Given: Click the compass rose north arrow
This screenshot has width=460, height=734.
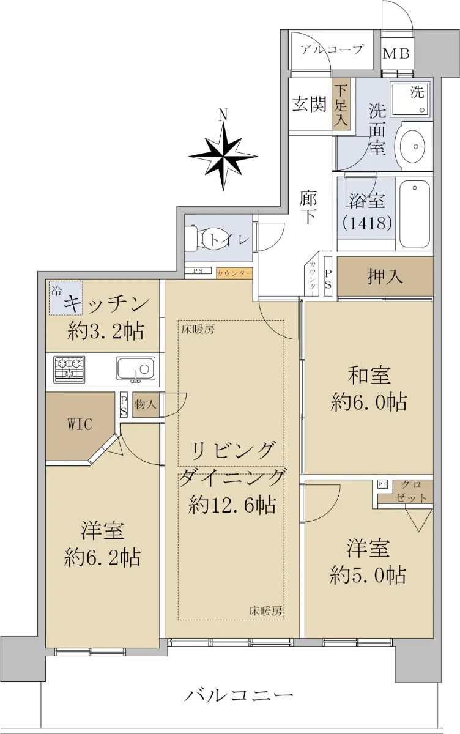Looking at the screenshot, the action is tap(223, 154).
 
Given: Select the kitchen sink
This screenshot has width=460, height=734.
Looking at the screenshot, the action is tap(136, 369).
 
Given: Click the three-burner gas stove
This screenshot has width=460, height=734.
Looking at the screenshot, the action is tap(70, 369).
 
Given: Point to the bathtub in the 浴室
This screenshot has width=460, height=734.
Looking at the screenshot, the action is tap(415, 215).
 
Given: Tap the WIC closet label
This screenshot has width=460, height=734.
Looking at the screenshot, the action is tap(80, 424).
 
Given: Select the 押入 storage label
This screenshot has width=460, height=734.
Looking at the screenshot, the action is tap(385, 277).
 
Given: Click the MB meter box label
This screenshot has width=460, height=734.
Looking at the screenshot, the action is tap(396, 54).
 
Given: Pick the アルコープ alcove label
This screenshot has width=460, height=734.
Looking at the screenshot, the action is tap(332, 50).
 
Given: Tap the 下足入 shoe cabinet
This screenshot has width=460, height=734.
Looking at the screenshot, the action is tap(341, 103).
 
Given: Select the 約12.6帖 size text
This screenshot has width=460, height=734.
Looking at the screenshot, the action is tap(232, 505).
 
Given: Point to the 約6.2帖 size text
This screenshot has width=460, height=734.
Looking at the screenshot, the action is tap(102, 557).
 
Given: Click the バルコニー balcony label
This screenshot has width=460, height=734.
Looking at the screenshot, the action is tap(238, 694).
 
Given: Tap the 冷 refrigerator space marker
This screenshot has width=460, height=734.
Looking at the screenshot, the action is tap(56, 291).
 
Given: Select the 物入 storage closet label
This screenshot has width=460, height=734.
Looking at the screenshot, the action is tap(145, 404).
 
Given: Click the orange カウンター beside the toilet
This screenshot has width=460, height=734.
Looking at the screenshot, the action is tap(234, 273).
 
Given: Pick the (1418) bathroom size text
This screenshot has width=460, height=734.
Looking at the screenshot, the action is tap(367, 223).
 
